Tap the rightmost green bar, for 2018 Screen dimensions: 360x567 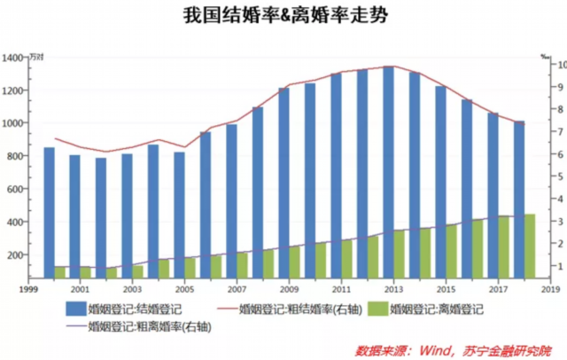[x=529, y=246]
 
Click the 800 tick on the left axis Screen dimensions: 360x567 [x=14, y=156]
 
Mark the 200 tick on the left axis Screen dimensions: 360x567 [x=14, y=255]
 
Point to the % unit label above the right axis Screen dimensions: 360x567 [x=544, y=55]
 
